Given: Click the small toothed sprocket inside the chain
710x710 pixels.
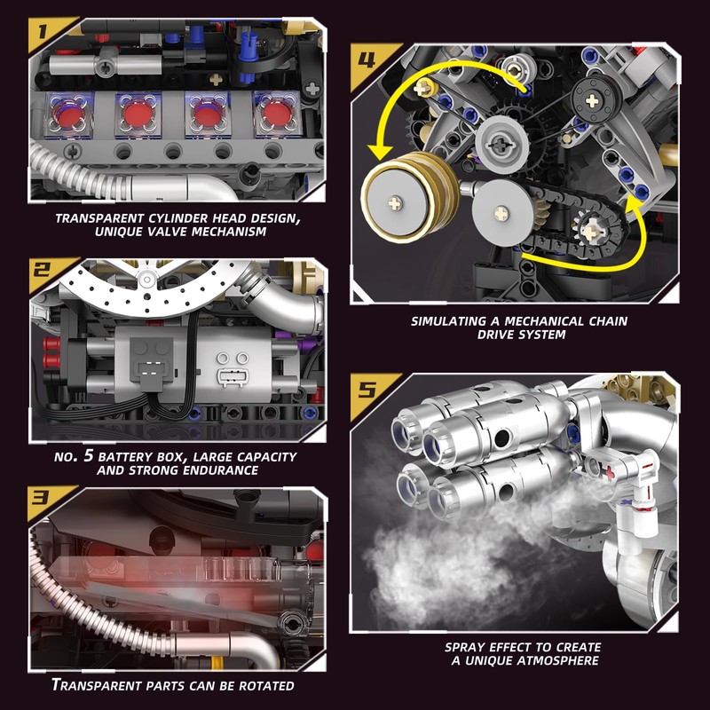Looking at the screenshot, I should tap(590, 233).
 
